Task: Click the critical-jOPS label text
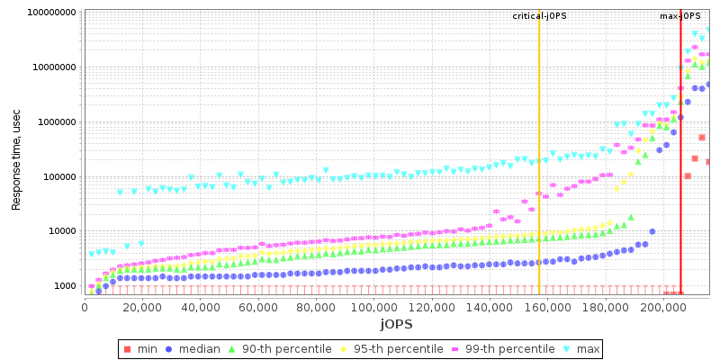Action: [539, 16]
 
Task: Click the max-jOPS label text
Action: [680, 16]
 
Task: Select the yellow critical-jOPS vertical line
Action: [539, 162]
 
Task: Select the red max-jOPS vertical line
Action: [680, 162]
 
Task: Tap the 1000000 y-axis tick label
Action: [55, 122]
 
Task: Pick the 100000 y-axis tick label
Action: [58, 176]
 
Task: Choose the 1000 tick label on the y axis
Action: [63, 286]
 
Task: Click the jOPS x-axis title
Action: [396, 324]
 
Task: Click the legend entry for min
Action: [148, 348]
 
